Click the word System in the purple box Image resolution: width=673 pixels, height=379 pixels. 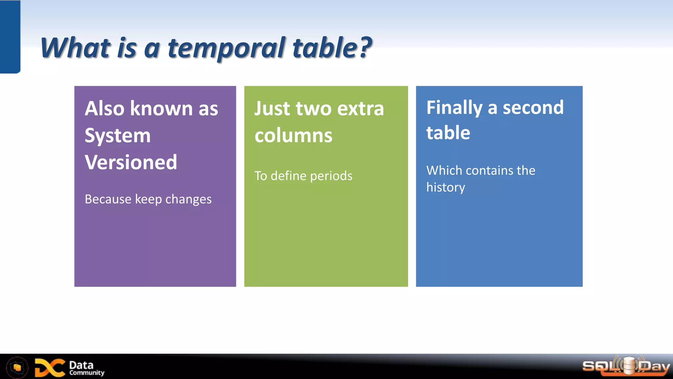(x=118, y=136)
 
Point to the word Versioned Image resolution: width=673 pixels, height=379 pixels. (x=131, y=162)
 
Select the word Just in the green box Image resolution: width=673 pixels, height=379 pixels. (x=272, y=109)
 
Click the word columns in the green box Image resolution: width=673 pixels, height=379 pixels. (x=293, y=136)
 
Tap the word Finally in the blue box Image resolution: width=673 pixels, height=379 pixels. (x=454, y=108)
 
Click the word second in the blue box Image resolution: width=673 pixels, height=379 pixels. (x=533, y=108)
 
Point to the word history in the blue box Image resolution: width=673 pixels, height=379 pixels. (x=446, y=188)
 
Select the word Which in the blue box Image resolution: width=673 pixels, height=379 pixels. (x=444, y=170)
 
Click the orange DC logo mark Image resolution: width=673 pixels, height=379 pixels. (x=50, y=367)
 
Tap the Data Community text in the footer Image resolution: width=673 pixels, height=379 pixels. (x=86, y=368)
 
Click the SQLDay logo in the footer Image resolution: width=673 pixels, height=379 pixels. (x=626, y=366)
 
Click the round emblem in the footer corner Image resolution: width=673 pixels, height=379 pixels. (x=17, y=367)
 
